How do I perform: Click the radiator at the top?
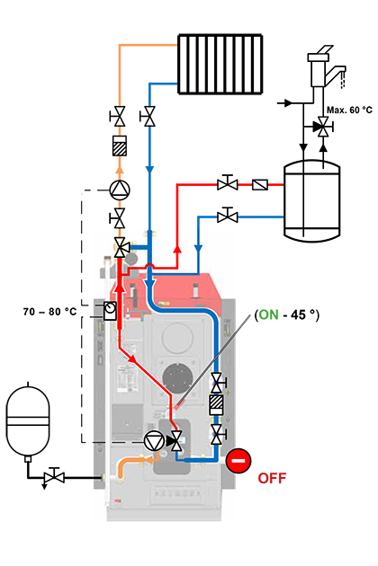[220, 65]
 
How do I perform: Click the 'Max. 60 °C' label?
[349, 110]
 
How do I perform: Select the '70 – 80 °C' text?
[49, 312]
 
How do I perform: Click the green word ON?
[269, 314]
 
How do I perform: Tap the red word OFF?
[272, 478]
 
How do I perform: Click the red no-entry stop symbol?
[238, 461]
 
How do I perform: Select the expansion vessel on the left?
[28, 420]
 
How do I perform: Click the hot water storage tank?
[311, 201]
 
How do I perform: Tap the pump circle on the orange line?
[120, 190]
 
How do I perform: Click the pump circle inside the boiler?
[154, 441]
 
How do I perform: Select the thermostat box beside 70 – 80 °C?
[110, 311]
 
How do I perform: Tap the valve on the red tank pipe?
[228, 183]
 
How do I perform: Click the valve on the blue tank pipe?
[228, 216]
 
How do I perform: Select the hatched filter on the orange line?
[120, 146]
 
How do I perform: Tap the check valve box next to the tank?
[260, 185]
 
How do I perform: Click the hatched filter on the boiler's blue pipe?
[217, 404]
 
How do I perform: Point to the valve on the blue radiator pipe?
[148, 116]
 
